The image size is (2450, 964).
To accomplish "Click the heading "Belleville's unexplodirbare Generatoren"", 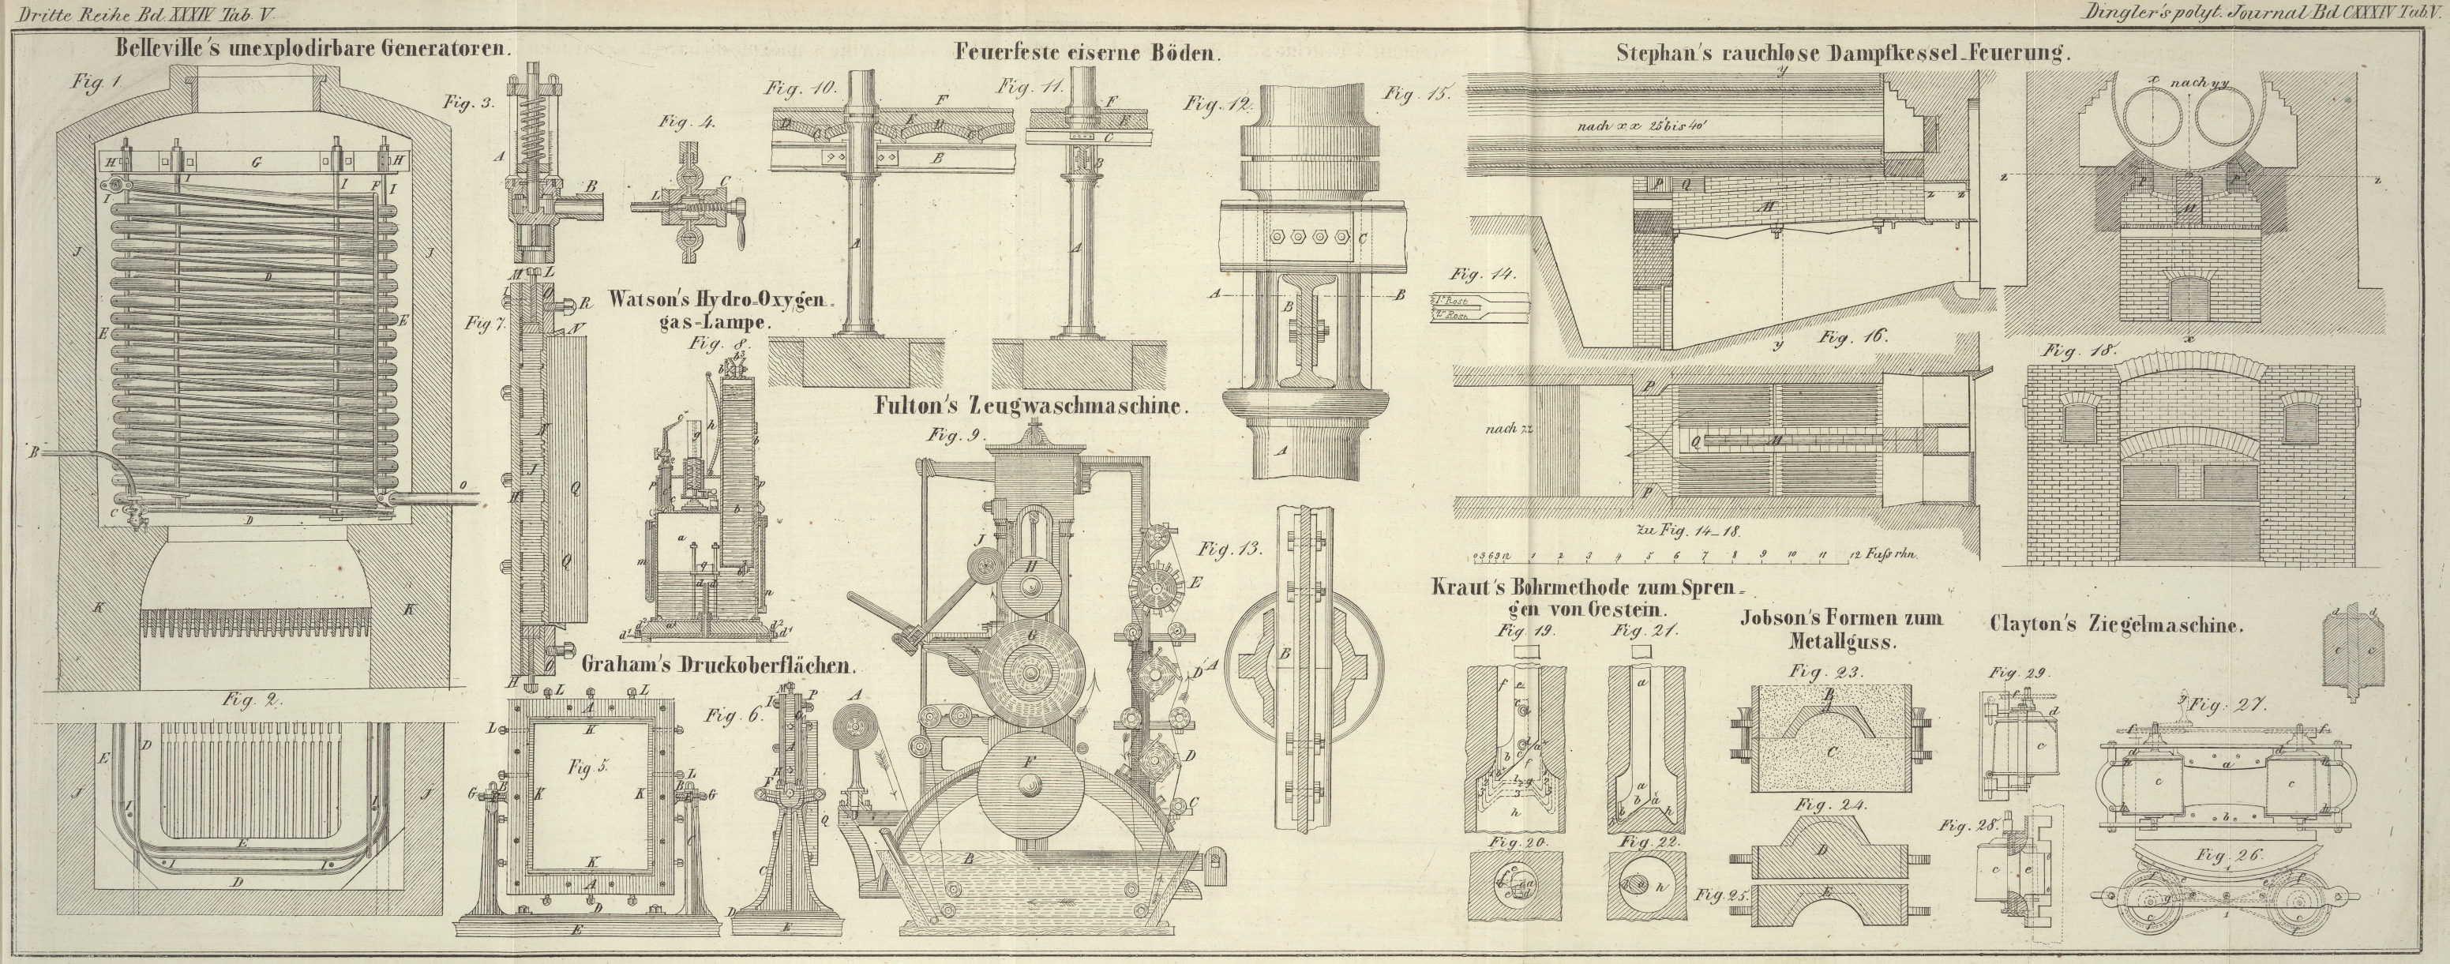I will [x=314, y=47].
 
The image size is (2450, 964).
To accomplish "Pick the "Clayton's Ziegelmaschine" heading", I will [x=2116, y=625].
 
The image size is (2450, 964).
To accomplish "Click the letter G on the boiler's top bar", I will [x=255, y=163].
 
